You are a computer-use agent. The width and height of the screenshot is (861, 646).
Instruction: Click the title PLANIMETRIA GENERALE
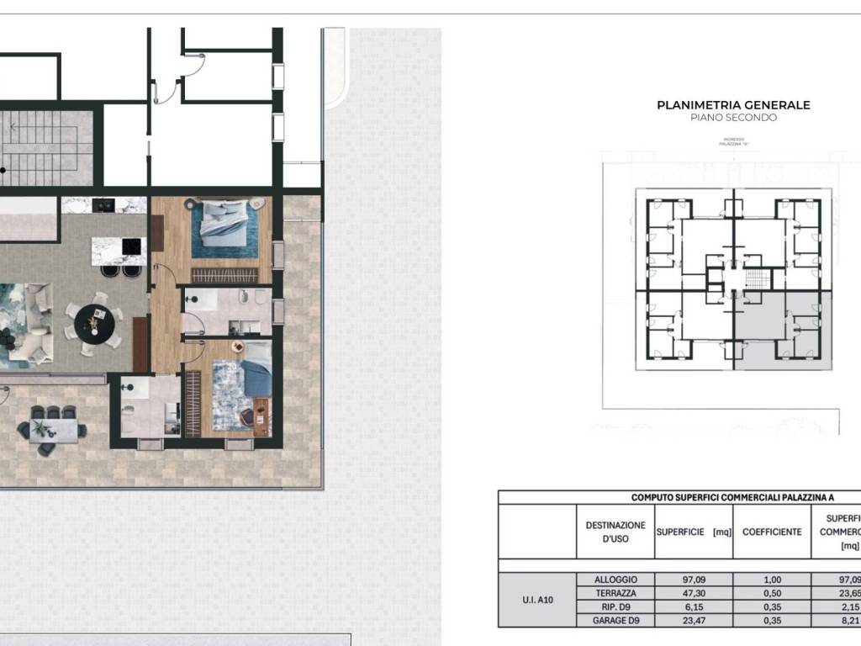(733, 105)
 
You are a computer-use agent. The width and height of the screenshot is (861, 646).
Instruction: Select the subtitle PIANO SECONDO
(733, 118)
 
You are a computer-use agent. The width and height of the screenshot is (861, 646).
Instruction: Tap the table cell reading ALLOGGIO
(615, 580)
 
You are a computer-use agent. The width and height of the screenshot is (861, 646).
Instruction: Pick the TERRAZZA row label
(615, 593)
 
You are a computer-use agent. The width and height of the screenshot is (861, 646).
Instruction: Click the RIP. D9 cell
(615, 606)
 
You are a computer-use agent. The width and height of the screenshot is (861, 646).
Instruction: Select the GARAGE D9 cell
(615, 620)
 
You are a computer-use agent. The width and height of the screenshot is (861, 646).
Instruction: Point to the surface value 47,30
(694, 593)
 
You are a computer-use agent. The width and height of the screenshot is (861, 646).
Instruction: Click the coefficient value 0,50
(772, 593)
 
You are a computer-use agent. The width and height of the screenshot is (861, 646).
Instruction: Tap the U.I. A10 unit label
(537, 600)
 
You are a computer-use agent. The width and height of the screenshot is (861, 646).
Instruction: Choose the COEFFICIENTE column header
(772, 532)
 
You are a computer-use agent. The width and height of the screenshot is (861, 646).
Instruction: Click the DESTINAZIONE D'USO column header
(615, 532)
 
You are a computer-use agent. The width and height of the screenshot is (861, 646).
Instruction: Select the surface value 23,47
(694, 620)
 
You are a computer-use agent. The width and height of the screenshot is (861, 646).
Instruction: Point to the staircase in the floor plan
(46, 149)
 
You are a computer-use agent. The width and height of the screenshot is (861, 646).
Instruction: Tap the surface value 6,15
(694, 606)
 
